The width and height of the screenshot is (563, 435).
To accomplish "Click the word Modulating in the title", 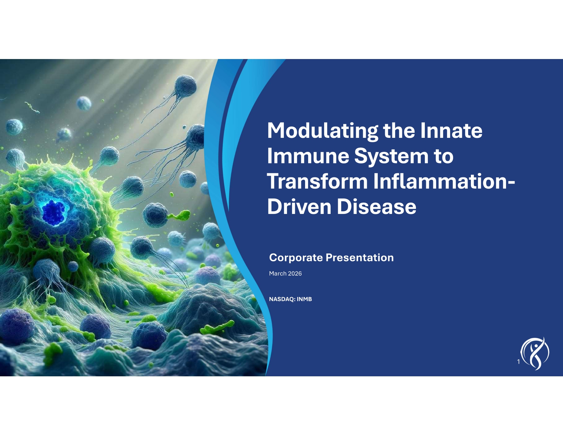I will [322, 131].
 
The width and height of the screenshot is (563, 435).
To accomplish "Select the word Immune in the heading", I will [308, 156].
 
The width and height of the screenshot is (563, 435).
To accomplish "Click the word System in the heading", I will [391, 156].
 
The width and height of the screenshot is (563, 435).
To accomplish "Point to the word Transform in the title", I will [317, 181].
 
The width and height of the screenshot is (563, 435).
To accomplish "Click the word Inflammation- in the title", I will [444, 181].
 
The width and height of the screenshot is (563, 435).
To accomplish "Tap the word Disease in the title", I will [377, 206].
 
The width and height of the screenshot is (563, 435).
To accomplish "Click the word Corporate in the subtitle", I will [296, 258].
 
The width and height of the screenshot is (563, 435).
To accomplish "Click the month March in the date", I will [277, 274].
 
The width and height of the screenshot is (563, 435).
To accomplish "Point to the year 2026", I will [295, 274].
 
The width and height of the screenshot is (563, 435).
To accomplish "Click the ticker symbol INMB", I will [304, 299].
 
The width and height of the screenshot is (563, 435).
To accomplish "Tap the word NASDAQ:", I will [282, 299].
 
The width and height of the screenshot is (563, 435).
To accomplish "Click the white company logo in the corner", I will [535, 353].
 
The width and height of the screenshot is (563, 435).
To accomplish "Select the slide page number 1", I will [519, 362].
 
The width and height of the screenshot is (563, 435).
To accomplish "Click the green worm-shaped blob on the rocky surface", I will [217, 328].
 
